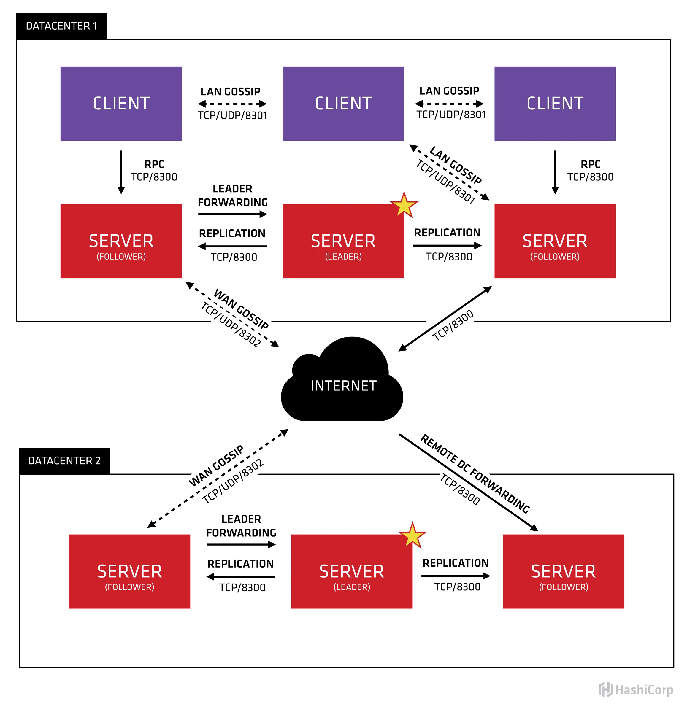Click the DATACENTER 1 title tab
pos(61,26)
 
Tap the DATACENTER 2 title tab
pos(64,461)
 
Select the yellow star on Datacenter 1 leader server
pos(404,206)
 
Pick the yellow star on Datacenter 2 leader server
pos(412,536)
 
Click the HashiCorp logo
pos(635,690)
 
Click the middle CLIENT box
pos(343,104)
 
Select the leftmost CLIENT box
pos(121,104)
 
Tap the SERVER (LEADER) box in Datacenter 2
pos(351,571)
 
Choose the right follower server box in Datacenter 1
pos(554,241)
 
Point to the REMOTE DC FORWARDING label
pos(475,474)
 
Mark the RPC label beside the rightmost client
pos(590,164)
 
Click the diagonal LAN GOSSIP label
pos(455,165)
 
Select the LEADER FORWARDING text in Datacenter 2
pos(241,526)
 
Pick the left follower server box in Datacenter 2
pos(129,571)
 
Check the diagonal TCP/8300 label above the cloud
pos(453,325)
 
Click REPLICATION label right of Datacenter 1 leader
pos(447,233)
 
